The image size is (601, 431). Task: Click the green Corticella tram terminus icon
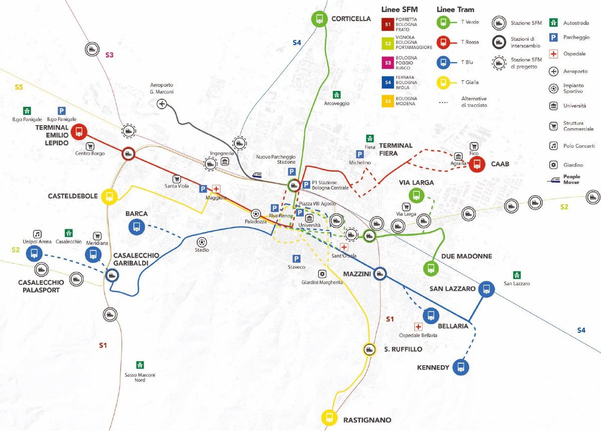(319, 19)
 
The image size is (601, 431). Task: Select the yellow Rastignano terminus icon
(329, 416)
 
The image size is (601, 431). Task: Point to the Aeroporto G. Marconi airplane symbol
(162, 104)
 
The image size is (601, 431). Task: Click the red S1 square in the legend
(387, 23)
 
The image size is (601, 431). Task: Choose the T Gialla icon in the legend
(443, 82)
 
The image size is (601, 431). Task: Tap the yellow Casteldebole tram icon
(109, 197)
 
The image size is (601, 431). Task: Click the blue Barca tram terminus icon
(136, 227)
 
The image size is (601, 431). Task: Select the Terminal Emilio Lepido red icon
(79, 132)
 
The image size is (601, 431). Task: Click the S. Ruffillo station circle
(369, 349)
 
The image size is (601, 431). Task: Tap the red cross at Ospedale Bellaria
(418, 326)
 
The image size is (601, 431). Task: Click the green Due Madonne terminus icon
(430, 269)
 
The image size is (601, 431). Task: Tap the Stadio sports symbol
(201, 241)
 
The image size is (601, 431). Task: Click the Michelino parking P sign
(360, 154)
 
